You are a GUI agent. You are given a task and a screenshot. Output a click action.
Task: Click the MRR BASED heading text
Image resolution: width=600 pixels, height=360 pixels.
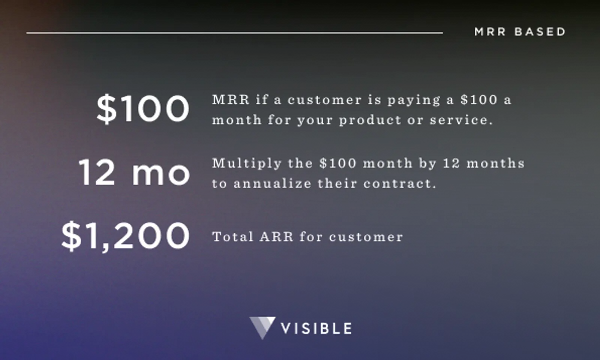(520, 32)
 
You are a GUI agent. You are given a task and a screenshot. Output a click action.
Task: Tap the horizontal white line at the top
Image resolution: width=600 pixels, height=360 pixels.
(234, 33)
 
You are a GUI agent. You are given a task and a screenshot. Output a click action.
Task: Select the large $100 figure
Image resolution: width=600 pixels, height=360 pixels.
(143, 109)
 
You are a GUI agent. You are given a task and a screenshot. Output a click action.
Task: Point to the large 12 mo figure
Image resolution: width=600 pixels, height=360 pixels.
(134, 172)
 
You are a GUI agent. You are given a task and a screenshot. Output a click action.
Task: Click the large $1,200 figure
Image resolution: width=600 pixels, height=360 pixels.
(125, 236)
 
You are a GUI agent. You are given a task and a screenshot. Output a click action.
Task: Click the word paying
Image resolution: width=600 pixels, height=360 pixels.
(414, 100)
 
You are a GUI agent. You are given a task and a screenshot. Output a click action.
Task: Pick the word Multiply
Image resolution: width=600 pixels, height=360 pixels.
(247, 164)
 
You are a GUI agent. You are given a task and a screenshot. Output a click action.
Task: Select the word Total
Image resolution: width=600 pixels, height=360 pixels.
(232, 237)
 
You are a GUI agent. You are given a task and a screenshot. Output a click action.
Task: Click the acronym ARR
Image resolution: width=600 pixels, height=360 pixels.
(276, 237)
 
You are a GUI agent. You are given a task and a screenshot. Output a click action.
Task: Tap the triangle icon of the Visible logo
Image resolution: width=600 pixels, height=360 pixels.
(262, 327)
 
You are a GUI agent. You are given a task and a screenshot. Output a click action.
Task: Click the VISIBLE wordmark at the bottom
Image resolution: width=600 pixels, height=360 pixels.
(316, 329)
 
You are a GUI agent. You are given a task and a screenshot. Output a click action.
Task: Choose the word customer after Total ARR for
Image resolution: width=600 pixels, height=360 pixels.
(366, 237)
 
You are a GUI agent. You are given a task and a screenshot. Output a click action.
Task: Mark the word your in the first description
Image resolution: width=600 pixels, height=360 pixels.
(315, 121)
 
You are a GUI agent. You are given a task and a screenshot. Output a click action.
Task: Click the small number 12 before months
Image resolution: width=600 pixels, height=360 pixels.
(451, 163)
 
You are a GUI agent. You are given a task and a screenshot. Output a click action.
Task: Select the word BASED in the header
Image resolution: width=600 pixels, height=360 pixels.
(540, 32)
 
